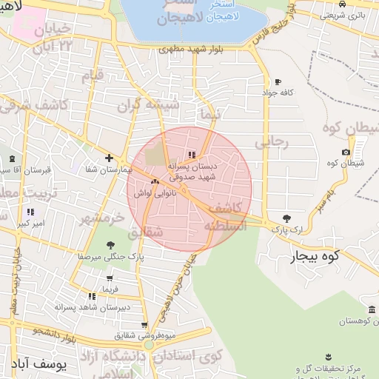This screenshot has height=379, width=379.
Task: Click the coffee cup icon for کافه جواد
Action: point(278,81)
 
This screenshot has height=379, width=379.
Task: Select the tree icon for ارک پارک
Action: point(286,218)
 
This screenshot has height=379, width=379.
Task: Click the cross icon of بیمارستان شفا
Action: point(109,158)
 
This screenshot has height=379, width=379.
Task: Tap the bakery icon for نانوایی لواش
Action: point(155,181)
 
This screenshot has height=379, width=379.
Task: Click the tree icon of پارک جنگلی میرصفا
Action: point(110,245)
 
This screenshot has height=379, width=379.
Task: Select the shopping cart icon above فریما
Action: point(110,278)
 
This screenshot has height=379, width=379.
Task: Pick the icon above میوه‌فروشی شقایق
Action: point(144,324)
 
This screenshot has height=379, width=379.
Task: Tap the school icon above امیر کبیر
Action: point(30,212)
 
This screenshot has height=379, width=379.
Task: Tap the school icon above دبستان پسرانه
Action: point(192,155)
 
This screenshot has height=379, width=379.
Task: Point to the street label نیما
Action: point(211,115)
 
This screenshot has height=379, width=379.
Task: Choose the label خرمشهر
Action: point(101,218)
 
